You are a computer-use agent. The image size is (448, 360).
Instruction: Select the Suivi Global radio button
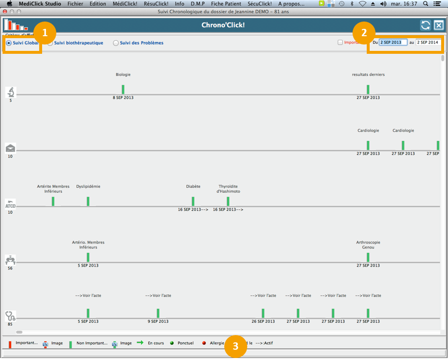pyautogui.click(x=9, y=43)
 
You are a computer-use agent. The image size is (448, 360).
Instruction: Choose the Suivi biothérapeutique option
pyautogui.click(x=50, y=43)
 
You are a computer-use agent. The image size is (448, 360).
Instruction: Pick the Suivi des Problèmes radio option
pyautogui.click(x=116, y=43)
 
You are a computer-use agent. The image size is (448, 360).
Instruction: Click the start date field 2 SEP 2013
pyautogui.click(x=393, y=43)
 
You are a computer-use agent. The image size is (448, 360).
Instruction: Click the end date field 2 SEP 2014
pyautogui.click(x=428, y=43)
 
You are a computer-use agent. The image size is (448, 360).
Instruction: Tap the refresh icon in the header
pyautogui.click(x=425, y=25)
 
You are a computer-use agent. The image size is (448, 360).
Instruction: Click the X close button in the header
pyautogui.click(x=439, y=25)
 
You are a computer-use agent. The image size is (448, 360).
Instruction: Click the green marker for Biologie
pyautogui.click(x=123, y=90)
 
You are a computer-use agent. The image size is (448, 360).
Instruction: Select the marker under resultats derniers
pyautogui.click(x=368, y=90)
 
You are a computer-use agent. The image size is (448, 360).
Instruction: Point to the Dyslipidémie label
pyautogui.click(x=88, y=186)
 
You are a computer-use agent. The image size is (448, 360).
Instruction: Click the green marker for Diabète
pyautogui.click(x=193, y=201)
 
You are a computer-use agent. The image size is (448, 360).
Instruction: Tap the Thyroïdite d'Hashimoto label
pyautogui.click(x=228, y=189)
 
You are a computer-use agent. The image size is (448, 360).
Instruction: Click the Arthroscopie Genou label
pyautogui.click(x=368, y=245)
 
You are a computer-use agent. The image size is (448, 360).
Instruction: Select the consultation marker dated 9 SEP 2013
pyautogui.click(x=158, y=313)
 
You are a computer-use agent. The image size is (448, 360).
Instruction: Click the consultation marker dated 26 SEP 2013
pyautogui.click(x=263, y=313)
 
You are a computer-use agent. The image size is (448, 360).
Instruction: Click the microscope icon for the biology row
pyautogui.click(x=10, y=92)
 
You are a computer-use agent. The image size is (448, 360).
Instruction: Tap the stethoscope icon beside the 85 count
pyautogui.click(x=10, y=316)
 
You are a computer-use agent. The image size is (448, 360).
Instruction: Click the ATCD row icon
pyautogui.click(x=10, y=203)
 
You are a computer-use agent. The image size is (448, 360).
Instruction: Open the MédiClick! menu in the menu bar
pyautogui.click(x=125, y=3)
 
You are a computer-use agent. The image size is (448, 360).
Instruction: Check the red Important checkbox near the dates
pyautogui.click(x=340, y=43)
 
